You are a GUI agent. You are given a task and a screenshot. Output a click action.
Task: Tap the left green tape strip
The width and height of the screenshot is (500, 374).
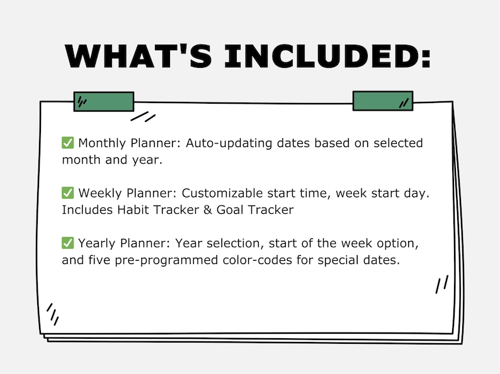click(x=104, y=102)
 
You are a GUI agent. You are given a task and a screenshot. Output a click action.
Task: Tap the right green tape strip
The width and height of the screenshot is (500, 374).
click(x=382, y=101)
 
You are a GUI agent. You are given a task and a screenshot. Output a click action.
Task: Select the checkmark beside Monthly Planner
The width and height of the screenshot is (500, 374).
click(x=68, y=143)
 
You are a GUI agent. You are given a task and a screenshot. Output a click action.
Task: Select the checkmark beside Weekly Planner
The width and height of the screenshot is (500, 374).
click(x=68, y=193)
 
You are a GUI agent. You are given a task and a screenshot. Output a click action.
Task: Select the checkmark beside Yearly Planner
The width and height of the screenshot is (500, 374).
click(x=68, y=243)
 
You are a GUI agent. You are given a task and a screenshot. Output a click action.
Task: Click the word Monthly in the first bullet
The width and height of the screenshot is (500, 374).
click(x=101, y=143)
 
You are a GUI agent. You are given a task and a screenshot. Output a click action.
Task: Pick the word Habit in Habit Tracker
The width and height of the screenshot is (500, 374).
click(x=133, y=210)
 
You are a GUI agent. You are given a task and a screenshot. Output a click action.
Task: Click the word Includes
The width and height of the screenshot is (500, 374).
click(x=87, y=210)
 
